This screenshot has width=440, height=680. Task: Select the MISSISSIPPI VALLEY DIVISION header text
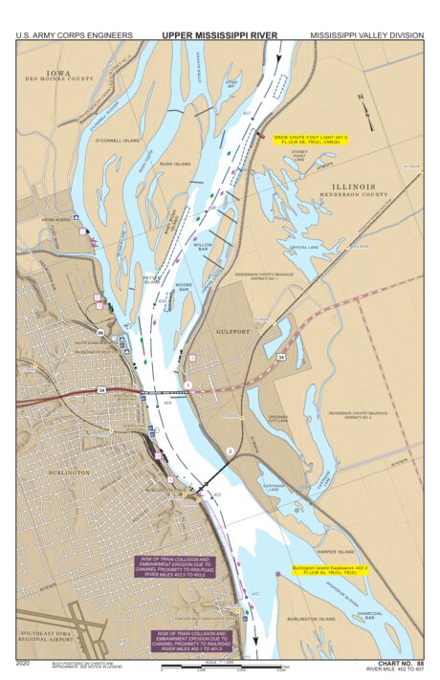[x=366, y=34]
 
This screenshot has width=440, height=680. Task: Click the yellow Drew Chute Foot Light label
[x=310, y=140]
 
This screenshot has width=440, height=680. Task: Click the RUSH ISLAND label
[x=175, y=164]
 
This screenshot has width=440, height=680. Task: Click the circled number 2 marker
[x=229, y=450]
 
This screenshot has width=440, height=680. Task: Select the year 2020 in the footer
[x=24, y=662]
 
